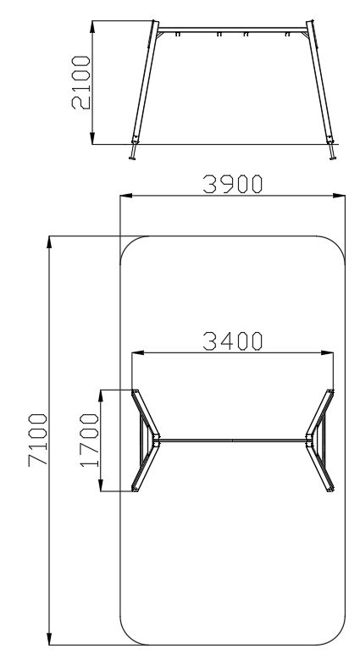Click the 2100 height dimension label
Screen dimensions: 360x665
point(81,82)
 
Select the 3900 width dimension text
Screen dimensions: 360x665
point(232,185)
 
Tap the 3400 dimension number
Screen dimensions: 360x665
point(232,341)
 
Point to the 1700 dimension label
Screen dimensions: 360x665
point(89,441)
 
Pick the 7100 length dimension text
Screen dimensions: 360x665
point(38,441)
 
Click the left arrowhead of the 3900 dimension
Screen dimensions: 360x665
point(126,196)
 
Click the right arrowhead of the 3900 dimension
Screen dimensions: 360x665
point(339,196)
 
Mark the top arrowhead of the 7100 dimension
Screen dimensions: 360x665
point(49,242)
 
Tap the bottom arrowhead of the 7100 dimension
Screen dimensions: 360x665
point(49,639)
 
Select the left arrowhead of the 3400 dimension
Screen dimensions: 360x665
point(138,352)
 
